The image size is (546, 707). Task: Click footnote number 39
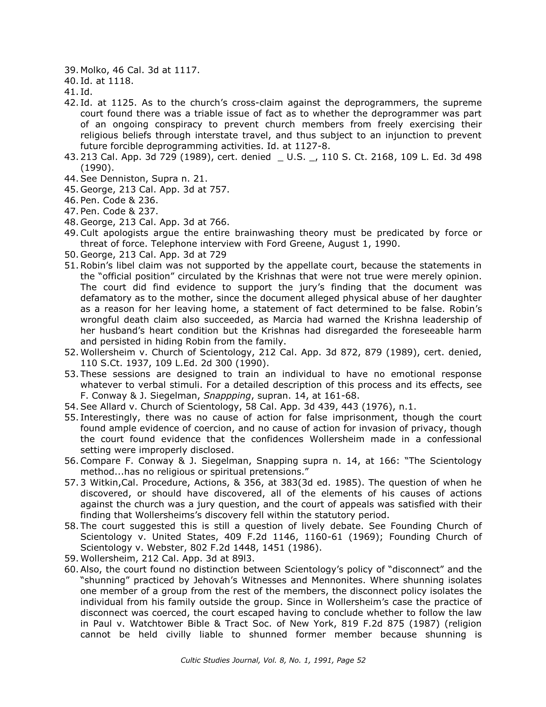click(71, 70)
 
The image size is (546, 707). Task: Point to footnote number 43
click(71, 157)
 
